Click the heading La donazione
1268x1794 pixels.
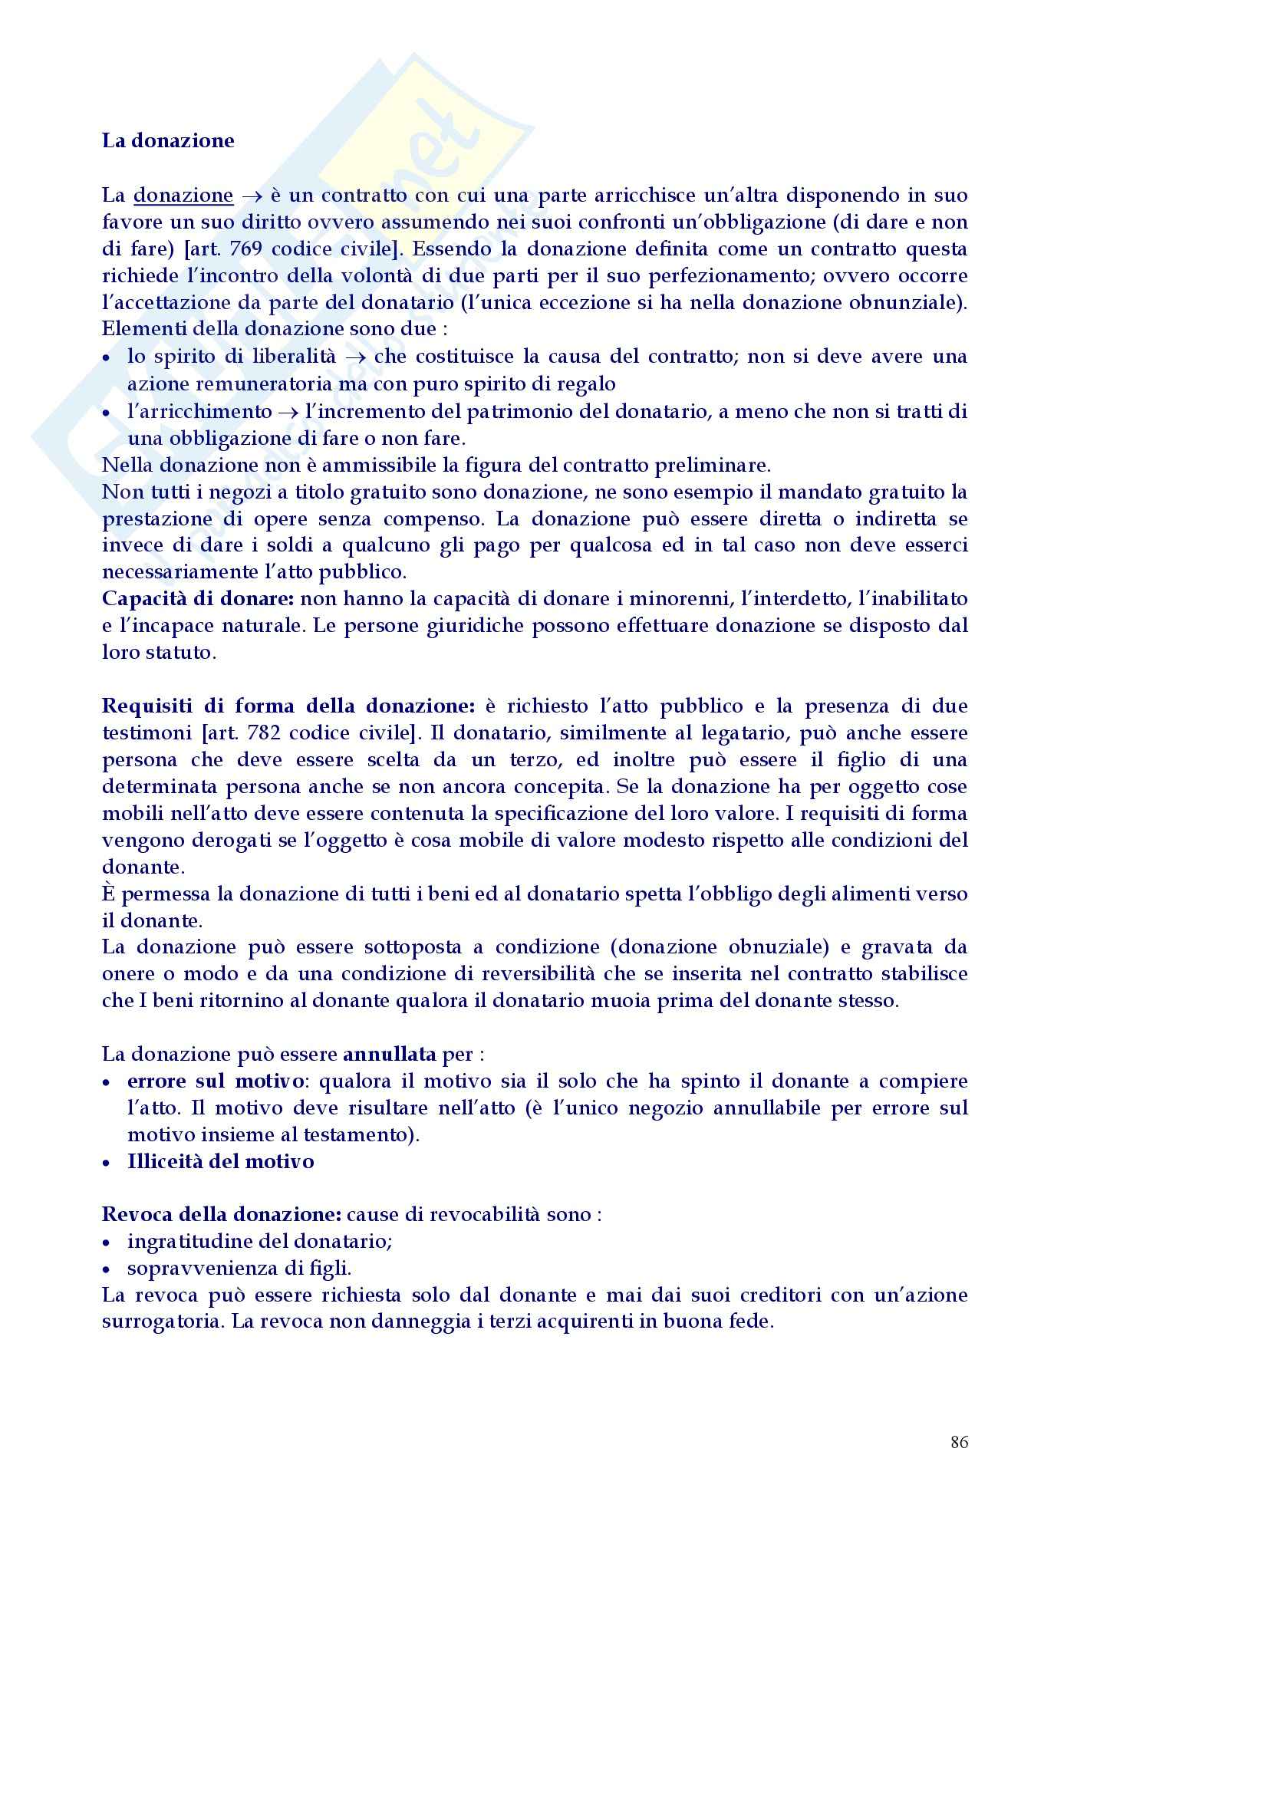(x=168, y=140)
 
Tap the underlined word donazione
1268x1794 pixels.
(x=183, y=196)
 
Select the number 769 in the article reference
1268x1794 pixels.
(x=246, y=249)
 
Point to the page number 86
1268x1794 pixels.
(x=960, y=1443)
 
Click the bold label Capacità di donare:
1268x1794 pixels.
(x=198, y=598)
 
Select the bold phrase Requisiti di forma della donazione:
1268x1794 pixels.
(x=288, y=706)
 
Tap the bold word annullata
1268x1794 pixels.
(x=389, y=1054)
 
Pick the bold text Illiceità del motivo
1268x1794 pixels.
(x=221, y=1162)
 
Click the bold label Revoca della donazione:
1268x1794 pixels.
(x=222, y=1214)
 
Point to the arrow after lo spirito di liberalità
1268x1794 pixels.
(x=356, y=357)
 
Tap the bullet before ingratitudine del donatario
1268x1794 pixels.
(x=107, y=1243)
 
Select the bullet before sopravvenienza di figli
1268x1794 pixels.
(x=107, y=1269)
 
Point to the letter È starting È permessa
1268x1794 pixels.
(x=109, y=893)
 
